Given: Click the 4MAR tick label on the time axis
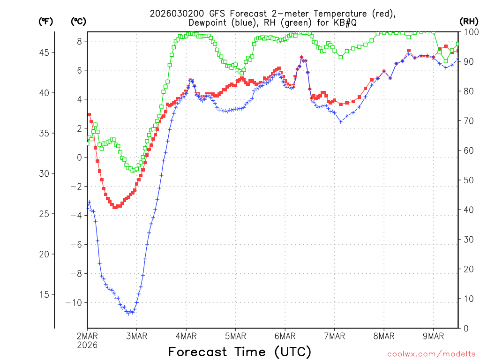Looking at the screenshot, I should pyautogui.click(x=186, y=336).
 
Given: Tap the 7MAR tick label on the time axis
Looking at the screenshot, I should pyautogui.click(x=334, y=336).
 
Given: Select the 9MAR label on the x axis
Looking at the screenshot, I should pyautogui.click(x=433, y=336).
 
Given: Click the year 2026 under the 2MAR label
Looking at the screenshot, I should pyautogui.click(x=87, y=345).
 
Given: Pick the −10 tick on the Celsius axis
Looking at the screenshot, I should pyautogui.click(x=74, y=302).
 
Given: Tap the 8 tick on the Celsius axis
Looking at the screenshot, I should pyautogui.click(x=79, y=41).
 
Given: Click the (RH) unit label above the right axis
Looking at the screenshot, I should pyautogui.click(x=469, y=21).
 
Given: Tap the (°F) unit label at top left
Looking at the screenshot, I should pyautogui.click(x=46, y=21).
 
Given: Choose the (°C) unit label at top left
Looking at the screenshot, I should pyautogui.click(x=79, y=21).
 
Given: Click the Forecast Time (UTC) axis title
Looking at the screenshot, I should pyautogui.click(x=240, y=352).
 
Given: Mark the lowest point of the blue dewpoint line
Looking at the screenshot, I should pyautogui.click(x=128, y=313).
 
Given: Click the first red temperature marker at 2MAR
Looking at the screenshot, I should pyautogui.click(x=89, y=114).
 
